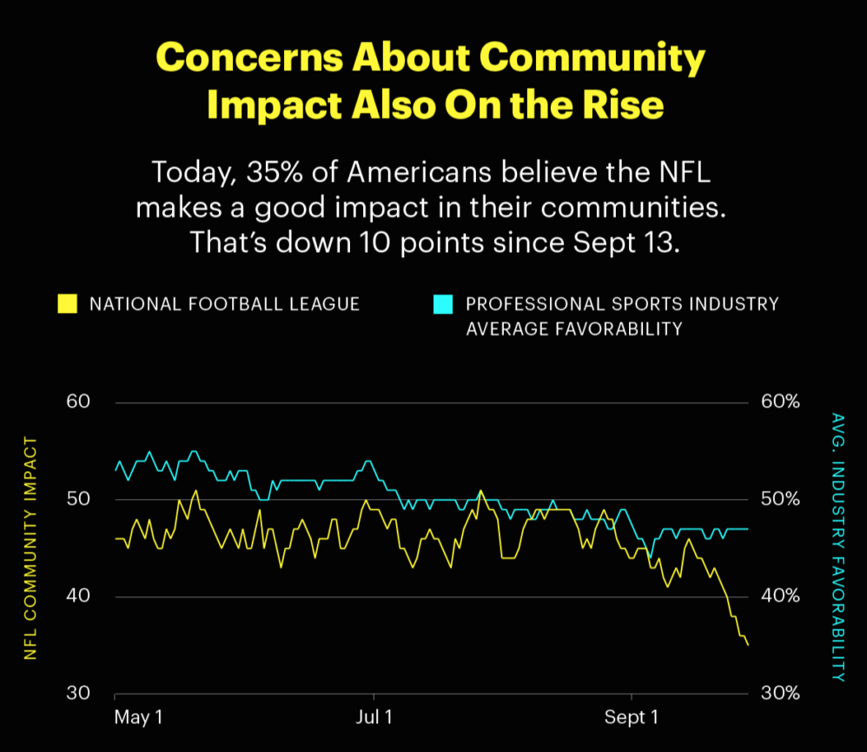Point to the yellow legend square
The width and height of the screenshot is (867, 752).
[x=67, y=304]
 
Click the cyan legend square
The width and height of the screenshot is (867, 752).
[x=443, y=304]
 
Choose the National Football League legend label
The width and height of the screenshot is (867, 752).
[x=225, y=304]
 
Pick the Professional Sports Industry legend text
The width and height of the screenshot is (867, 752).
[x=622, y=304]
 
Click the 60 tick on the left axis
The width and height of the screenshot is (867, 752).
[x=78, y=402]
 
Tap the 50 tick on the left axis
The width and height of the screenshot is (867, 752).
[x=78, y=499]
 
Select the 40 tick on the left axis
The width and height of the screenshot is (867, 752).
[x=78, y=596]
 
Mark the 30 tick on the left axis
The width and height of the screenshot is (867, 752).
[x=78, y=694]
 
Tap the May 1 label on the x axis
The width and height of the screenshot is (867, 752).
[x=138, y=718]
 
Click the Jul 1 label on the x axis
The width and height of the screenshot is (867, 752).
[x=374, y=718]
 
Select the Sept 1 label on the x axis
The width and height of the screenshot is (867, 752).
[x=632, y=718]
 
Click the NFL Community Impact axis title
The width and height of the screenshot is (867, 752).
[x=31, y=549]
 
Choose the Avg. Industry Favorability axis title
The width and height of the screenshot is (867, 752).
[x=837, y=547]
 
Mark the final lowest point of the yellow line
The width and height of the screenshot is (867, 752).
[x=748, y=644]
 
